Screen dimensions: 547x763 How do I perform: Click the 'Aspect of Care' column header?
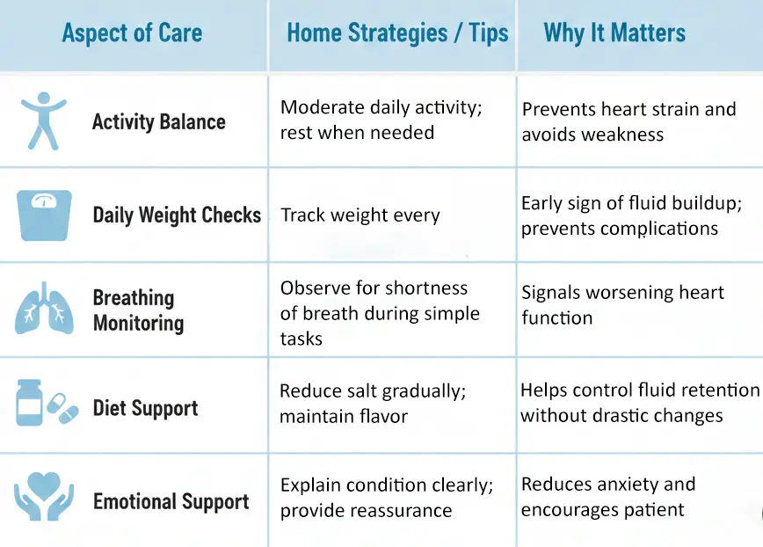pos(132,34)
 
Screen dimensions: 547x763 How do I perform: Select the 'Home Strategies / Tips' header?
pos(397,34)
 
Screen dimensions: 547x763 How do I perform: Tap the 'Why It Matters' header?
pos(614,34)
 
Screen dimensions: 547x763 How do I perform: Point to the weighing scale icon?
pos(45,214)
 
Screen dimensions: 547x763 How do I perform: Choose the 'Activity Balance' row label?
pos(158,122)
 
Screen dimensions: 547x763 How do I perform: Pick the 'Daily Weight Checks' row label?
pos(177,215)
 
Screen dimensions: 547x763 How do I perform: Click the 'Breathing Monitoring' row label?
pos(138,310)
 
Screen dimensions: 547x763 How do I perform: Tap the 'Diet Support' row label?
pos(145,408)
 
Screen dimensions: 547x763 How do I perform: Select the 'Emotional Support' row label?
pos(171,502)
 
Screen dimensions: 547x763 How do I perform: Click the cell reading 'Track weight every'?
pos(360,215)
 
